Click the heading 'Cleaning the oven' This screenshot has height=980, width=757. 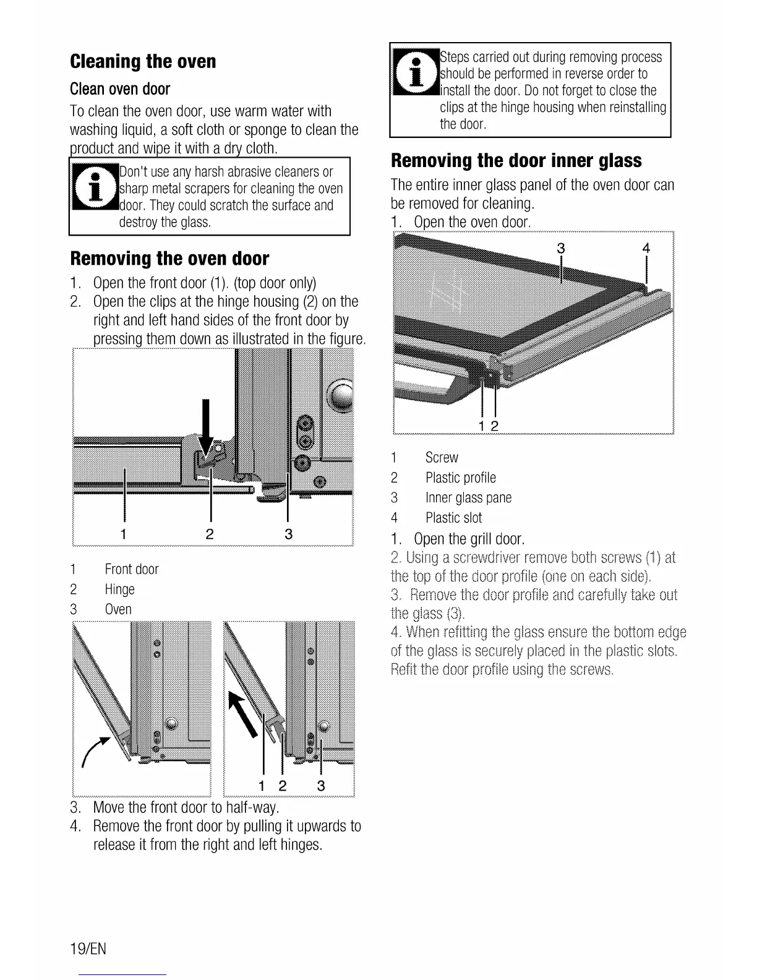pyautogui.click(x=143, y=62)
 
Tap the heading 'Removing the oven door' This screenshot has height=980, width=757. pyautogui.click(x=169, y=259)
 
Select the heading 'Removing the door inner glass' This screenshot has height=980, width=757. pyautogui.click(x=516, y=161)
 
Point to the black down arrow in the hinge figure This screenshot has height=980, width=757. pyautogui.click(x=206, y=427)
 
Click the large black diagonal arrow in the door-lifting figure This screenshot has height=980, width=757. pyautogui.click(x=242, y=714)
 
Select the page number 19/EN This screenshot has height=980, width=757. pyautogui.click(x=88, y=948)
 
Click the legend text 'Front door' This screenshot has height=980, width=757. pyautogui.click(x=131, y=569)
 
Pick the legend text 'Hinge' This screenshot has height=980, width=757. pyautogui.click(x=119, y=589)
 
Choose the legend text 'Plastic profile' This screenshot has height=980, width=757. pyautogui.click(x=460, y=478)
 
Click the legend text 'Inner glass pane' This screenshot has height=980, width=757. pyautogui.click(x=468, y=498)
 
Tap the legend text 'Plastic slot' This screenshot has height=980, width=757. pyautogui.click(x=453, y=518)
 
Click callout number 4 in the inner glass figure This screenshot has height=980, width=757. pyautogui.click(x=646, y=249)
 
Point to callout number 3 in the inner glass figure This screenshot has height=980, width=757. pyautogui.click(x=561, y=249)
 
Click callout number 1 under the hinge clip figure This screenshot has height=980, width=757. pyautogui.click(x=124, y=534)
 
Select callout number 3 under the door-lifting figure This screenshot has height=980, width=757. pyautogui.click(x=320, y=786)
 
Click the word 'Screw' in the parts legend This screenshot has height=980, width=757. pyautogui.click(x=442, y=458)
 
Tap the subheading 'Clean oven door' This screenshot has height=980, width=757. pyautogui.click(x=120, y=89)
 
